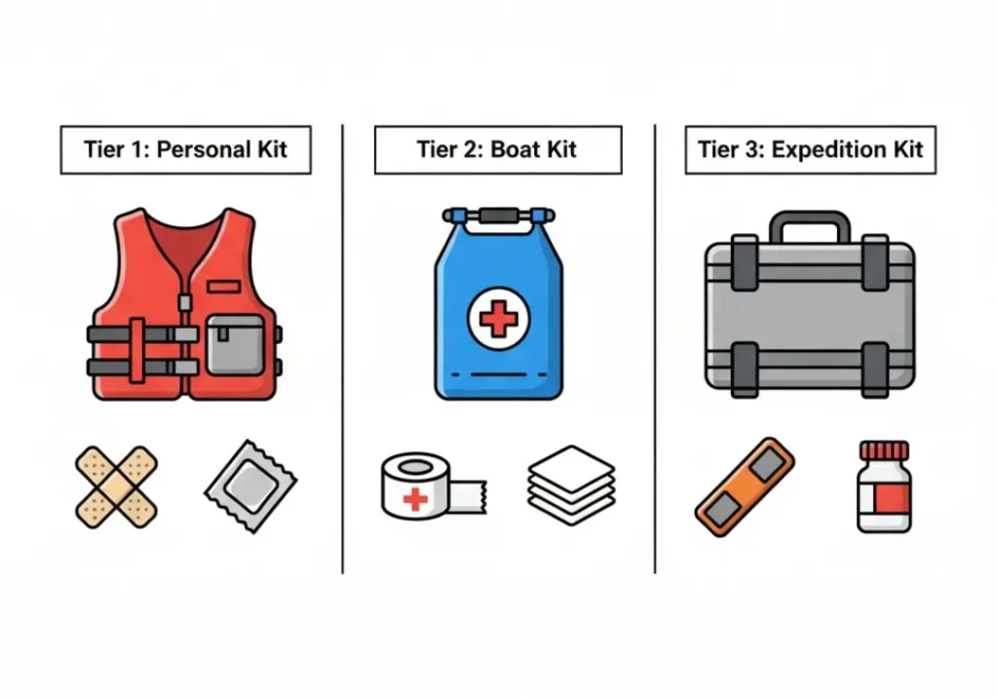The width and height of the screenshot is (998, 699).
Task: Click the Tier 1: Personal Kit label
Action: tap(185, 150)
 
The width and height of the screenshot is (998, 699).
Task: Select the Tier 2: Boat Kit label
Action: tap(497, 150)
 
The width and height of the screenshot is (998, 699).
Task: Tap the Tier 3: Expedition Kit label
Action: tap(810, 150)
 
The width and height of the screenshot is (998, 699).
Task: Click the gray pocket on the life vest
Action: tap(235, 345)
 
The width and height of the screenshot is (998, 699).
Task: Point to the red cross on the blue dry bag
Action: tap(497, 319)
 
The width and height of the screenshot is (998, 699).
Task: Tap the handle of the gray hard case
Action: tap(809, 227)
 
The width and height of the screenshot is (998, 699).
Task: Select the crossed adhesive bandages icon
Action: tap(116, 485)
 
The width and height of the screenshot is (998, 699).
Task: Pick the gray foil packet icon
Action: tap(250, 485)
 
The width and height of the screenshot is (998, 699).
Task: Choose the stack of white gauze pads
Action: tap(571, 485)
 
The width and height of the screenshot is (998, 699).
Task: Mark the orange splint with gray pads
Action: tap(745, 485)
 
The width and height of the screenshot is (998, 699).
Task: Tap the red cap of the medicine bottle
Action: tap(883, 449)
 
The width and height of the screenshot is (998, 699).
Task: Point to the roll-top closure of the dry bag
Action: tap(498, 214)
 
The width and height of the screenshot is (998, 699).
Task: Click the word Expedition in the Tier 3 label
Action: tap(825, 150)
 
